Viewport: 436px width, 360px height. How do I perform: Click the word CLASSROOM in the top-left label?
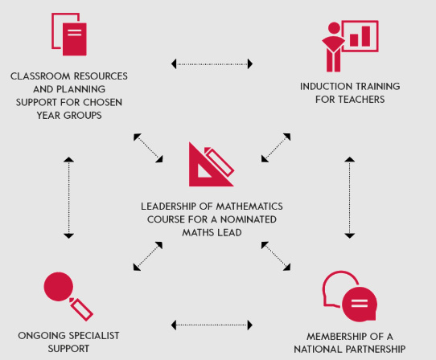(40, 76)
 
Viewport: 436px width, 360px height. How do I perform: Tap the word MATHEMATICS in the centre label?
(249, 207)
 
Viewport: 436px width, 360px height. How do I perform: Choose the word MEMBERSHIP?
(337, 337)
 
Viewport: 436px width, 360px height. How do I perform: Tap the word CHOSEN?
(103, 103)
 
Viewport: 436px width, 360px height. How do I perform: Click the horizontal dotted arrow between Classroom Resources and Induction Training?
(212, 64)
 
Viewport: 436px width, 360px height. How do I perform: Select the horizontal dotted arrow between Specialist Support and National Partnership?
(212, 325)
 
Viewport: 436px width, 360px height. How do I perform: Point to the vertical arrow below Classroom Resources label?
(68, 198)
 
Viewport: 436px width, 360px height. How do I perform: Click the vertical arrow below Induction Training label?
(349, 198)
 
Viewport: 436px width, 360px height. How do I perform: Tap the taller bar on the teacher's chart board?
(366, 36)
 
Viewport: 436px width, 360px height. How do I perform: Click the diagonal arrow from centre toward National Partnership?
(276, 256)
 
